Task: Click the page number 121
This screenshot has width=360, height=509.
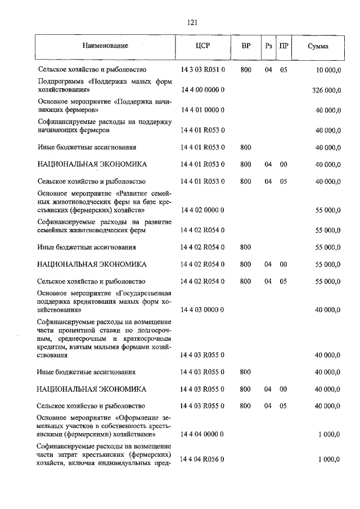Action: (x=191, y=22)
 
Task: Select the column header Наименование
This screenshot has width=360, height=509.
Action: (x=103, y=46)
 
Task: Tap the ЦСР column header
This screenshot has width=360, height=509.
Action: (x=203, y=46)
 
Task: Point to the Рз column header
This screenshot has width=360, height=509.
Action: (x=268, y=46)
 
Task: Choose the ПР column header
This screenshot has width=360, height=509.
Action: (x=284, y=46)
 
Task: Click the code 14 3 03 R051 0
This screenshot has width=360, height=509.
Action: (x=203, y=70)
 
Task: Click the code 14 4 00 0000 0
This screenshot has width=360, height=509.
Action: (x=203, y=90)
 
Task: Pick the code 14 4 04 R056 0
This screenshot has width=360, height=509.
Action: (x=203, y=460)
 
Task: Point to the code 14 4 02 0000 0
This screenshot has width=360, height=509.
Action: (x=203, y=210)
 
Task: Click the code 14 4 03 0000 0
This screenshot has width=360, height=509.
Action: (x=203, y=309)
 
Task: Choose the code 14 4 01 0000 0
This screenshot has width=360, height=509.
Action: (x=203, y=111)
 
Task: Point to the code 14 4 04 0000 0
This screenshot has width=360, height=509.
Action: (x=203, y=434)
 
